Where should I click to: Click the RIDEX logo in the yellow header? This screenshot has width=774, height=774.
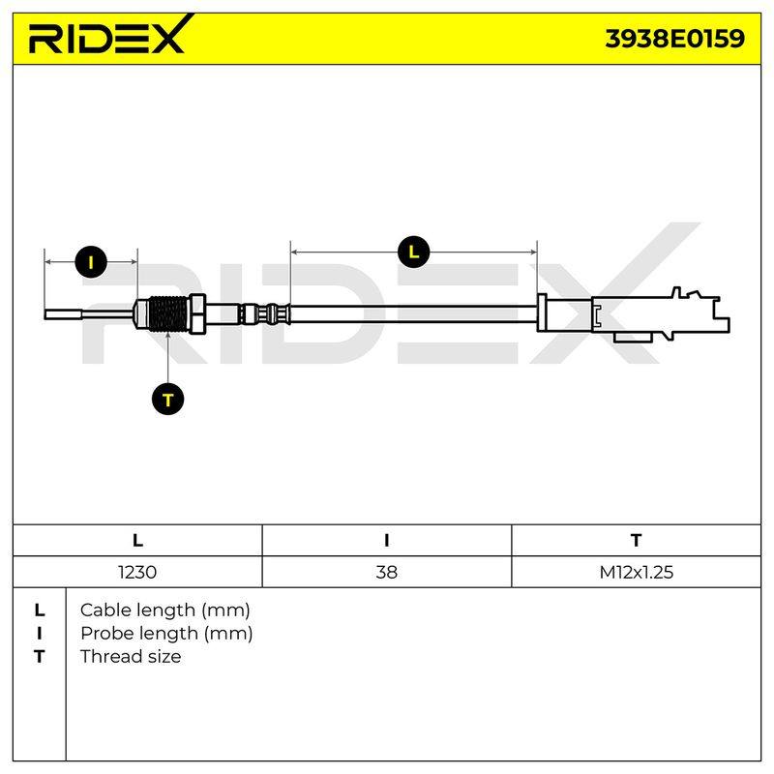[x=111, y=35]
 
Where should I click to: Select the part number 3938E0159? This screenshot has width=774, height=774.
[x=674, y=39]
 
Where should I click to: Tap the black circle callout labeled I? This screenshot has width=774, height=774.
[x=91, y=261]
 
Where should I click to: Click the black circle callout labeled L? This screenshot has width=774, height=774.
[x=414, y=253]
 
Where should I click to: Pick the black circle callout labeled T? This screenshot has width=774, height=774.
[x=167, y=399]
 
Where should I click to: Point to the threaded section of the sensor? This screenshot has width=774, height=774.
[x=167, y=314]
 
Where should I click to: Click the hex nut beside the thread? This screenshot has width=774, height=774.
[x=197, y=313]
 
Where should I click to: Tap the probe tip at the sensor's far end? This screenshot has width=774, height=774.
[x=63, y=313]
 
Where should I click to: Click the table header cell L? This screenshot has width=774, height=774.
[x=137, y=541]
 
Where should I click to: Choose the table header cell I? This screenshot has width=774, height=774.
[x=386, y=541]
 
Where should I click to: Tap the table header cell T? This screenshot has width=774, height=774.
[x=637, y=541]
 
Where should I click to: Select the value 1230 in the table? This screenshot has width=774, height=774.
[x=137, y=572]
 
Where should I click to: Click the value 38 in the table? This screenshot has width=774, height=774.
[x=386, y=572]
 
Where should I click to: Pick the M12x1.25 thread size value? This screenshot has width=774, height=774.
[x=637, y=572]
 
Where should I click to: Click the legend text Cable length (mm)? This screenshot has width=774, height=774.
[x=164, y=610]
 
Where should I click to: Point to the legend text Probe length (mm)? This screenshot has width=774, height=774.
[x=166, y=634]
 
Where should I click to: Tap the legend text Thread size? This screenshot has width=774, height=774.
[x=131, y=657]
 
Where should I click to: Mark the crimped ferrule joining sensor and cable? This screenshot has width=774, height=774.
[x=265, y=313]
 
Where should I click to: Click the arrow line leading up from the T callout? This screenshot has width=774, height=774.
[x=167, y=357]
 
